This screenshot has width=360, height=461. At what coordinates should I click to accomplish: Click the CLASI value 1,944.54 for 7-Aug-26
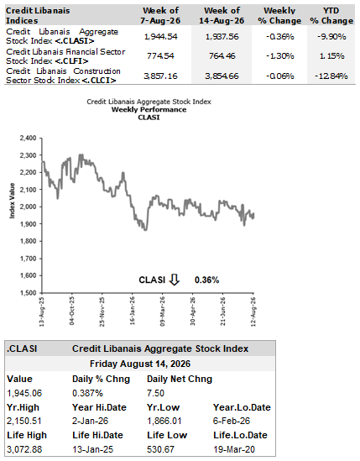tap(161, 36)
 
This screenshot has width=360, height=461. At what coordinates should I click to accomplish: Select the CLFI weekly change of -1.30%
tap(279, 56)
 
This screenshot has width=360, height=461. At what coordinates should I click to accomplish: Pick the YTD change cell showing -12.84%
tap(331, 76)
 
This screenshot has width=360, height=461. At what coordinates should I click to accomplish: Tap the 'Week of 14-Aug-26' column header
tap(222, 15)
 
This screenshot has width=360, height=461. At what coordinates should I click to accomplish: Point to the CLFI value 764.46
tap(222, 56)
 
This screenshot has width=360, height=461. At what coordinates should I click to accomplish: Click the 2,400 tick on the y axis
tap(28, 138)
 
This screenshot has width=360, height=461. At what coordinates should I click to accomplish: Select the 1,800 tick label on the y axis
tap(28, 241)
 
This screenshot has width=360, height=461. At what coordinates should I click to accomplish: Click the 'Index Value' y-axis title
tap(12, 201)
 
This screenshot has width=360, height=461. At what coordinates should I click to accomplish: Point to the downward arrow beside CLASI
tap(175, 280)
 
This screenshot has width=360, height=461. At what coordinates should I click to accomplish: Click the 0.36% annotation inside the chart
tap(207, 280)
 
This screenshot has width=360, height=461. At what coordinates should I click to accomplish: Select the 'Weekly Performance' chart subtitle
tap(149, 110)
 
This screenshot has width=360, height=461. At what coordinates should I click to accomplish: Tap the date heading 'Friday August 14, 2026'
tap(140, 364)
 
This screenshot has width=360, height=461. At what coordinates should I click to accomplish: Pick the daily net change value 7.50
tap(155, 393)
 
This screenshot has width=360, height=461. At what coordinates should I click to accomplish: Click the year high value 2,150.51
tap(24, 421)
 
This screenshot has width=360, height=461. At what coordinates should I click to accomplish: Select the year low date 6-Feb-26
tap(232, 421)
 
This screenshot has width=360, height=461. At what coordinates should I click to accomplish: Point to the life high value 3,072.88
tap(24, 449)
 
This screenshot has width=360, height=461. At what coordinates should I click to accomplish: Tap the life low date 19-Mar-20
tap(234, 449)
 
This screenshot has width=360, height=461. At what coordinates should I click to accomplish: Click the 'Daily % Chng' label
tap(101, 379)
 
